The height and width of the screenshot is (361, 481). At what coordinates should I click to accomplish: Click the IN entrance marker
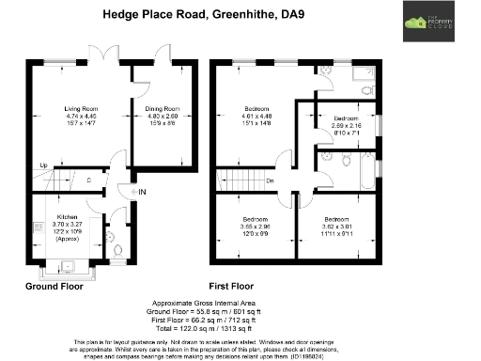[x=143, y=193]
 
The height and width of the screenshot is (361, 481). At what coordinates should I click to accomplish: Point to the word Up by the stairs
[x=43, y=167]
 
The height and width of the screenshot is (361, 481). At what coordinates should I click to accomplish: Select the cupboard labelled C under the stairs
[x=89, y=180]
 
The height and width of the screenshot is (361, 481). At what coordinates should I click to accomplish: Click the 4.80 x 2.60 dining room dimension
[x=163, y=118]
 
